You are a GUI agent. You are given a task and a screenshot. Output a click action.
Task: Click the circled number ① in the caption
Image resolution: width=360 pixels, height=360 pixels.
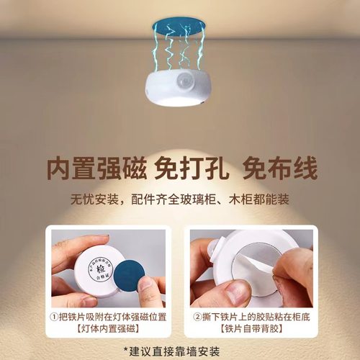pyautogui.click(x=53, y=318)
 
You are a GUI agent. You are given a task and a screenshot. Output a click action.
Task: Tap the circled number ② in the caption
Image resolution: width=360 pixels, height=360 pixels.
pyautogui.click(x=197, y=318)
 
